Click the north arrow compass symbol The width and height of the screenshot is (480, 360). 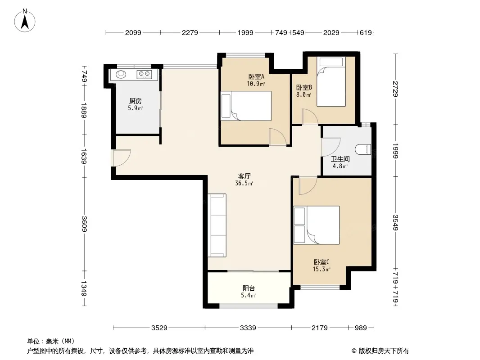pyautogui.click(x=25, y=21)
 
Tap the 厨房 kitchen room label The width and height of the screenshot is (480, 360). pyautogui.click(x=135, y=101)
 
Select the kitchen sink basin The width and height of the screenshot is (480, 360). pyautogui.click(x=121, y=74)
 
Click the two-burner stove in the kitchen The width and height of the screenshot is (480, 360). pyautogui.click(x=144, y=74)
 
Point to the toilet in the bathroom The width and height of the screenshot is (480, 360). pyautogui.click(x=363, y=150)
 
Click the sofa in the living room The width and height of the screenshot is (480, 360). pyautogui.click(x=217, y=225)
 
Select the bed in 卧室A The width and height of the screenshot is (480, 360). pyautogui.click(x=246, y=106)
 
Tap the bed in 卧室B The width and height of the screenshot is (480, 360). pyautogui.click(x=331, y=81)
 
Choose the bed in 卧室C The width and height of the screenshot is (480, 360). pyautogui.click(x=317, y=225)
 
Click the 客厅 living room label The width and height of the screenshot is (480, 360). pyautogui.click(x=245, y=176)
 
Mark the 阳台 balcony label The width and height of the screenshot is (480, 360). pyautogui.click(x=249, y=288)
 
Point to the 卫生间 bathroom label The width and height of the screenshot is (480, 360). pyautogui.click(x=340, y=159)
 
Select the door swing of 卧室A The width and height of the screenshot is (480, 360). pyautogui.click(x=278, y=137)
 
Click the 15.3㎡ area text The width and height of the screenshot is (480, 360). pyautogui.click(x=322, y=270)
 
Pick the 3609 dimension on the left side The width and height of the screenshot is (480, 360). pyautogui.click(x=84, y=224)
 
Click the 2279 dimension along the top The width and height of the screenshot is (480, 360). pyautogui.click(x=190, y=32)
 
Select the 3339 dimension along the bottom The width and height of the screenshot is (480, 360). pyautogui.click(x=248, y=328)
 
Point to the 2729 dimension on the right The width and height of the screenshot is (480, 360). pyautogui.click(x=395, y=89)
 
